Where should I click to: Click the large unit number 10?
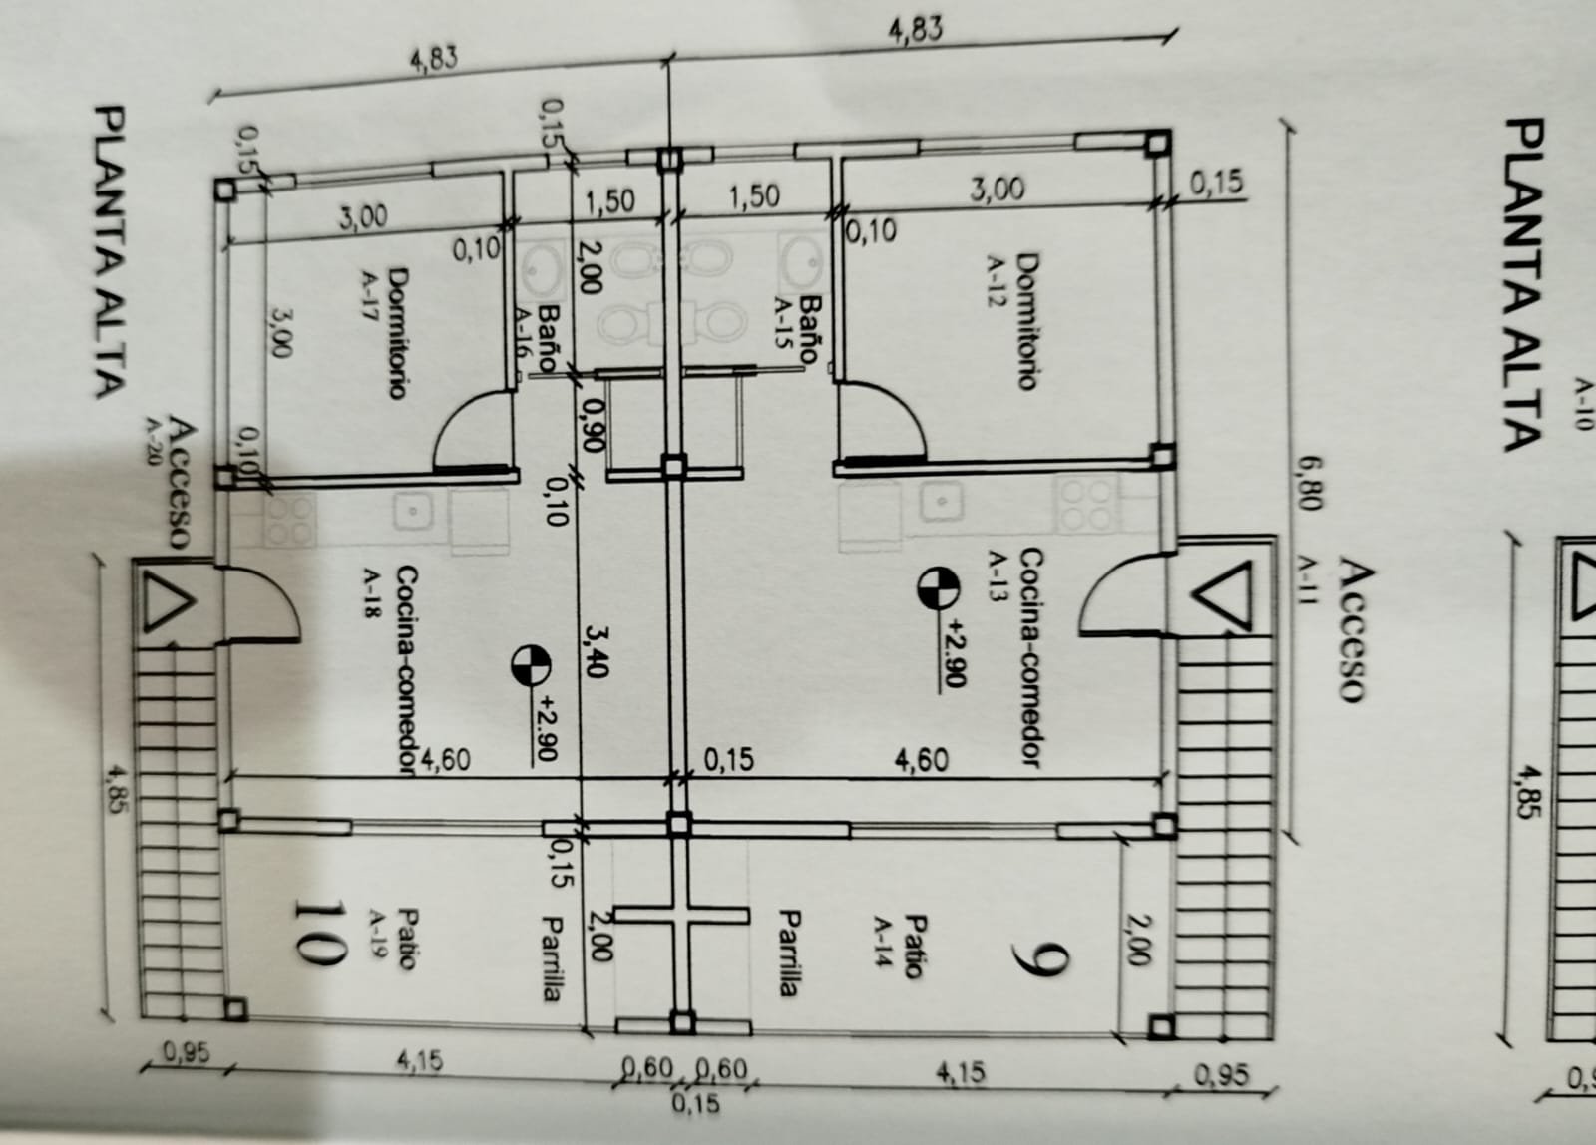click(319, 934)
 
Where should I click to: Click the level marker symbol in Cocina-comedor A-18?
click(529, 665)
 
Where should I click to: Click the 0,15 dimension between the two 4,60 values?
click(728, 761)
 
